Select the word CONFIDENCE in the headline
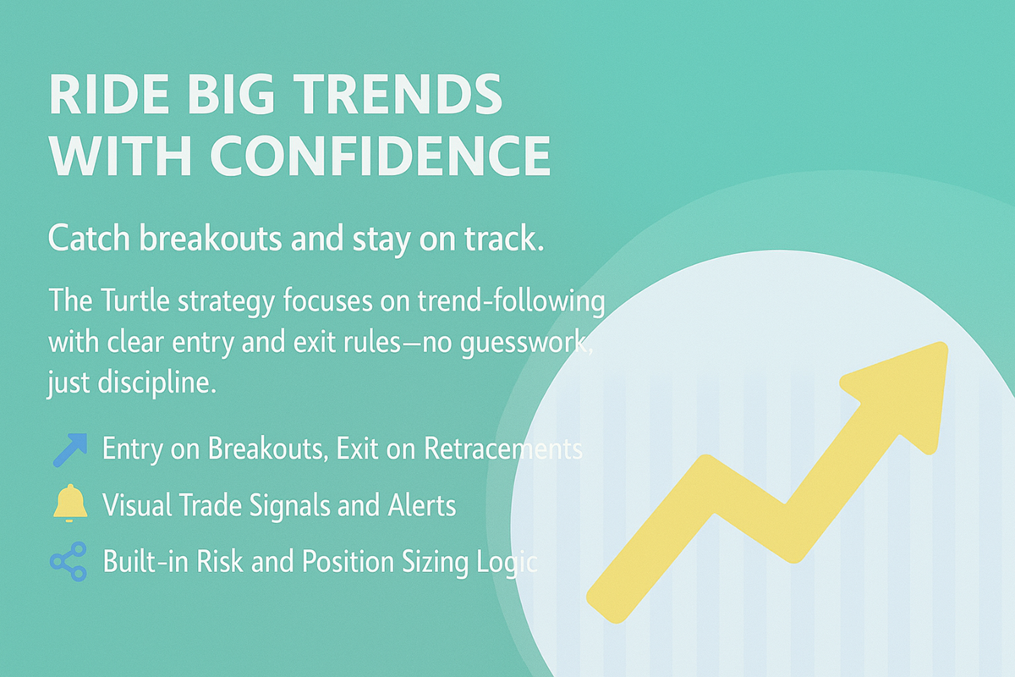click(x=381, y=156)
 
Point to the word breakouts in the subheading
click(x=211, y=238)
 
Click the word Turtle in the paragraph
click(x=135, y=300)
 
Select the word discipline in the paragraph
click(x=156, y=383)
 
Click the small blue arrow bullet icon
click(x=69, y=450)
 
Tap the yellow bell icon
click(x=69, y=504)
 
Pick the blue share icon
click(x=69, y=561)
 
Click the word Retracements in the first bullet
click(x=503, y=449)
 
